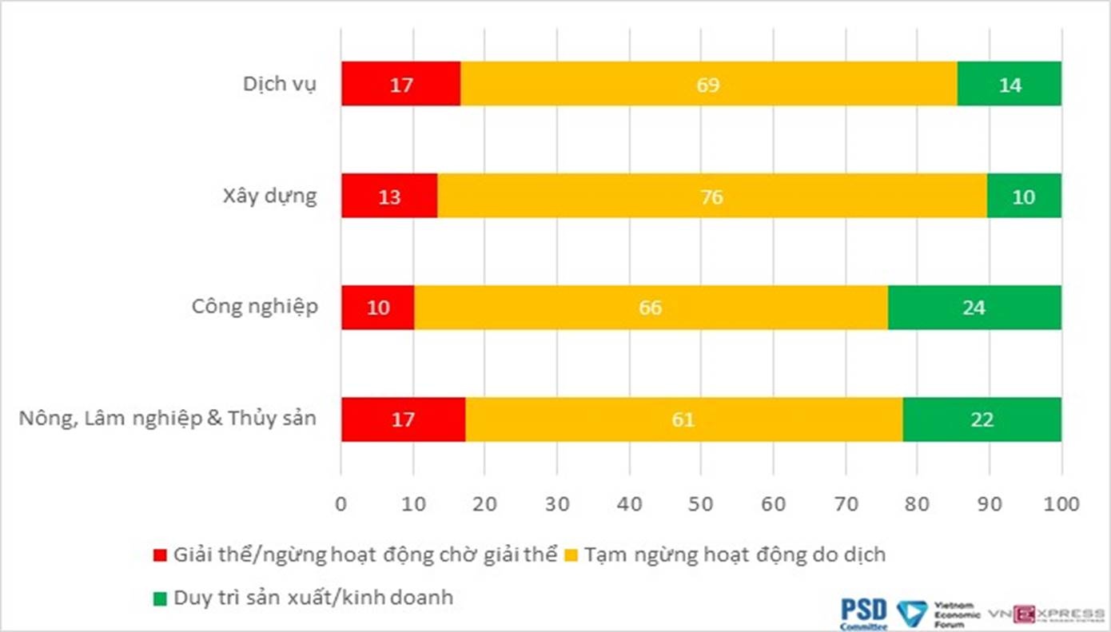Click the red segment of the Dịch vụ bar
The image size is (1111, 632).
[400, 84]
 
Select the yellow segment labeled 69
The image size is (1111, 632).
[708, 84]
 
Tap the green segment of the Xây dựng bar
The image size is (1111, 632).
[1024, 196]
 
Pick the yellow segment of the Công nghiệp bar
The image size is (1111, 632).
[651, 308]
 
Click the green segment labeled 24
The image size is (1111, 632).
[974, 308]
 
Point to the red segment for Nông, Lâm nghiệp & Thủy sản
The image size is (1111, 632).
[403, 419]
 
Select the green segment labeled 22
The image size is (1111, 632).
[982, 419]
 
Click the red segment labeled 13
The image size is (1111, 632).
[389, 196]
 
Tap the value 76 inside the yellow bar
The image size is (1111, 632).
[711, 197]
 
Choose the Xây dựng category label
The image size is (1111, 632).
[269, 196]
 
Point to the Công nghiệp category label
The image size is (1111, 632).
[255, 308]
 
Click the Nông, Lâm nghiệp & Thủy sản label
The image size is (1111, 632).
[168, 419]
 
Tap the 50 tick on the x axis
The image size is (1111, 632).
[701, 504]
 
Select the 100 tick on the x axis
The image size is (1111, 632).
[1061, 504]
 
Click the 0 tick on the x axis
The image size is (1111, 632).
[341, 504]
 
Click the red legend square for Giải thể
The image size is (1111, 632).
[160, 555]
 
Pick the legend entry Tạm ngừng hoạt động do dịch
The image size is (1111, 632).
[735, 554]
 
